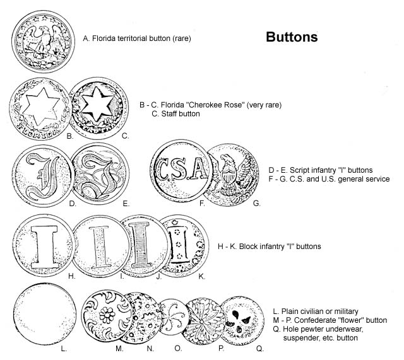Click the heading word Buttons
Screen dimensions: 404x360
point(292,37)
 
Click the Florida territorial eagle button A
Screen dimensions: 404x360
point(43,41)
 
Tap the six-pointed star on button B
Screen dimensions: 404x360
point(41,107)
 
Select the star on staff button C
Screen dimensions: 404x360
point(96,104)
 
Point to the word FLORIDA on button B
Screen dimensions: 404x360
point(40,131)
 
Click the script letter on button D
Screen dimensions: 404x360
point(42,175)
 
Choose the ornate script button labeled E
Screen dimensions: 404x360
point(100,174)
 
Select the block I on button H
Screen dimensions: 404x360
point(44,247)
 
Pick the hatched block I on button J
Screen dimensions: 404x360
point(140,245)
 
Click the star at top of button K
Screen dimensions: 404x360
point(175,222)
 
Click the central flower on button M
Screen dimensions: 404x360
point(107,315)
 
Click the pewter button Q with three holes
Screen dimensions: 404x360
point(242,321)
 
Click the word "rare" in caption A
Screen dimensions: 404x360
point(182,38)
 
